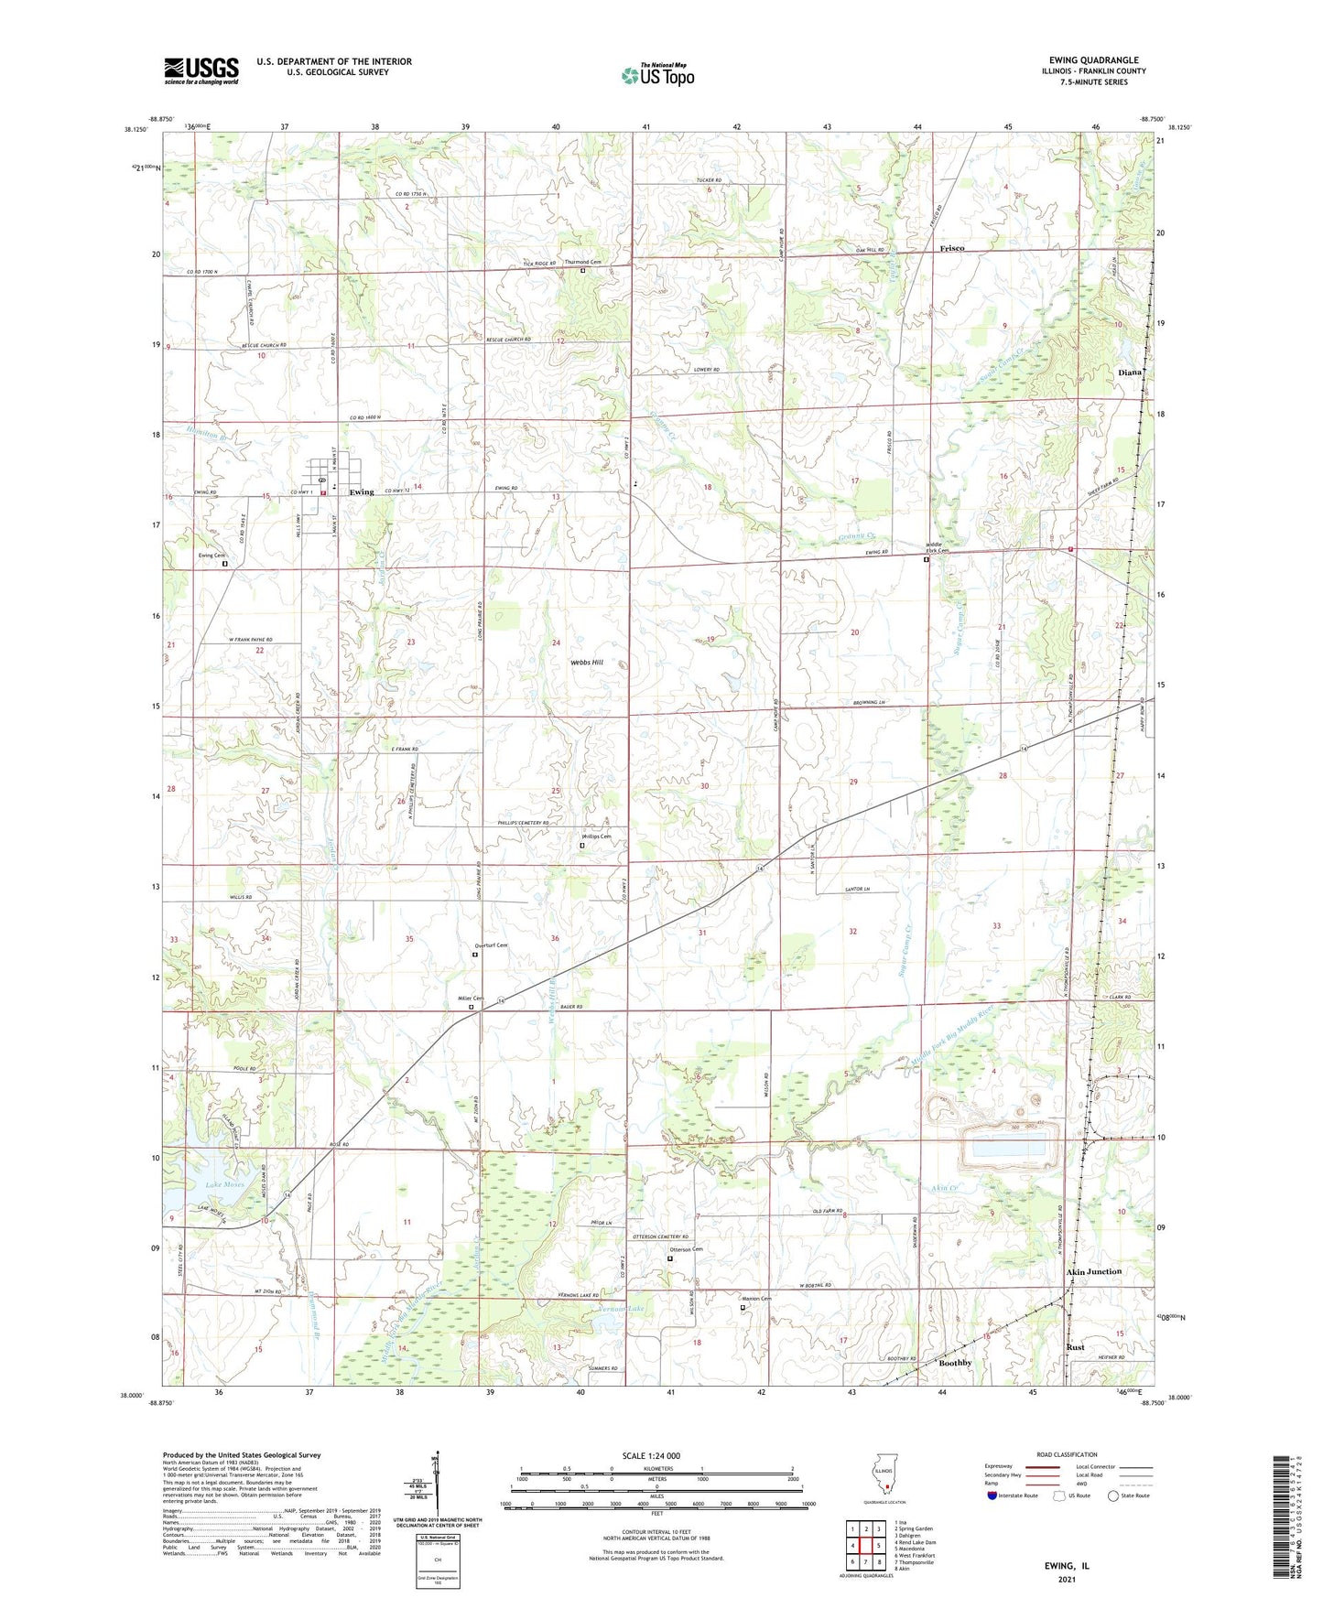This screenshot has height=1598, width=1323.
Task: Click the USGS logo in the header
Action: click(201, 70)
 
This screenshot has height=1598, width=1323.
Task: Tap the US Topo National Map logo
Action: click(657, 74)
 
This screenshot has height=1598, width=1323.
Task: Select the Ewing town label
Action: click(362, 492)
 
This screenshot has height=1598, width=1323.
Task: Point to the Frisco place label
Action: click(952, 249)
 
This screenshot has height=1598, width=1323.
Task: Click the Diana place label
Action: click(1130, 373)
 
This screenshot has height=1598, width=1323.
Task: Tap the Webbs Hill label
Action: click(586, 662)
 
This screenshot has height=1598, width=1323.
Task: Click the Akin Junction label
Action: click(1093, 1271)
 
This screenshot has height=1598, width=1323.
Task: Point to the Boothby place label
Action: click(956, 1363)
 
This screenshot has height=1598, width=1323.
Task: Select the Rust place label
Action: click(1075, 1347)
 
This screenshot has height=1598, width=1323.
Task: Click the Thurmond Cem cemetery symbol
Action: click(582, 271)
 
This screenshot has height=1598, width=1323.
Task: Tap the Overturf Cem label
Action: click(491, 945)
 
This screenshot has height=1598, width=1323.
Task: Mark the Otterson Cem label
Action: click(686, 1249)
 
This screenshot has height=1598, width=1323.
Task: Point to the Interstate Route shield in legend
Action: click(992, 1495)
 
